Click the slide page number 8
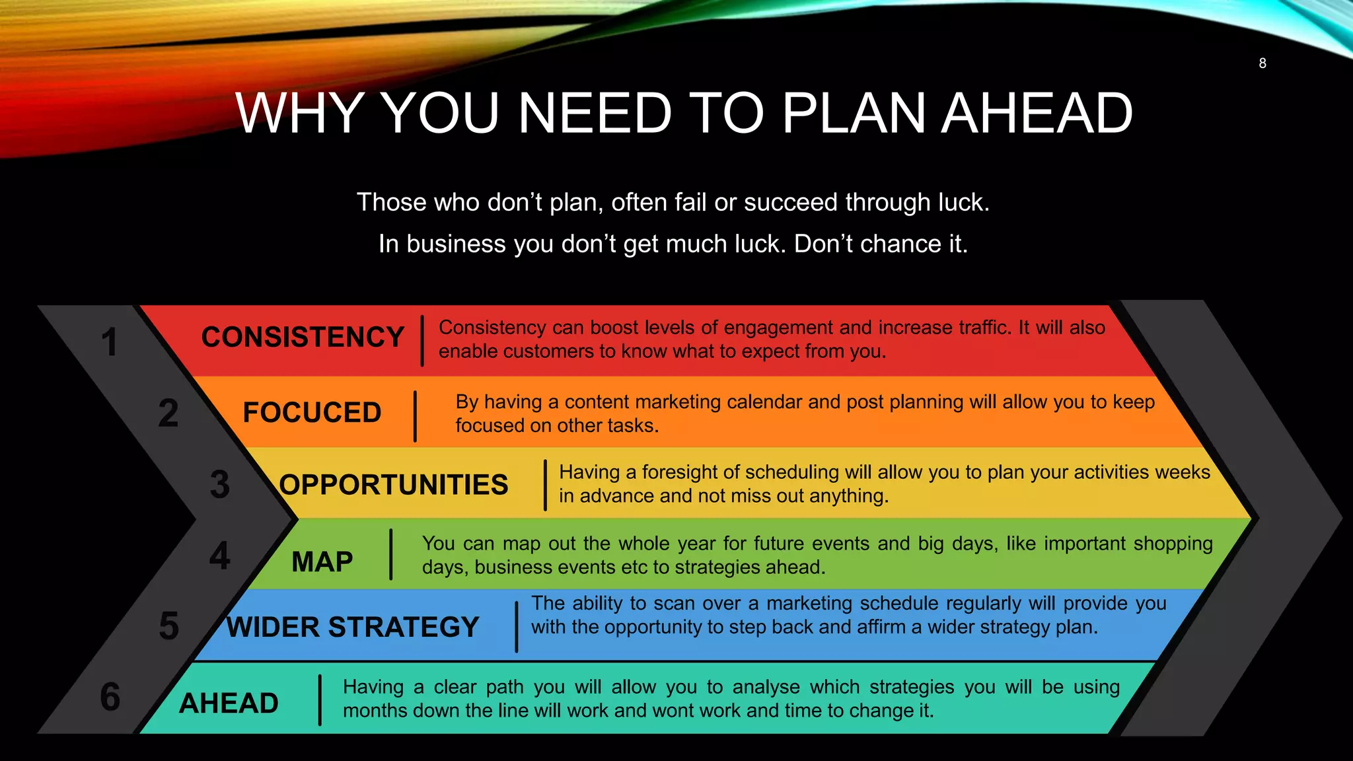(x=1262, y=63)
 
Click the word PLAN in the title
(x=853, y=113)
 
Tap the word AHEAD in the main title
(x=1037, y=113)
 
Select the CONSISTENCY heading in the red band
(x=303, y=338)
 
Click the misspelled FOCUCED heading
(x=312, y=413)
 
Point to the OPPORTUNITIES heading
(x=394, y=485)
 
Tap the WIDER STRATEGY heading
(x=352, y=627)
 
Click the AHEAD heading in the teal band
(x=229, y=703)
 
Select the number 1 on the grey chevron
(x=110, y=342)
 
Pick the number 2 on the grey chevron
(x=168, y=414)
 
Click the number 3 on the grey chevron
(x=219, y=484)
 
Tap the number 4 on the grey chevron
(x=219, y=556)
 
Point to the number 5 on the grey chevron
(x=168, y=626)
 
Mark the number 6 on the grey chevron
(x=110, y=697)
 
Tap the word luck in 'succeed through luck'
(x=962, y=202)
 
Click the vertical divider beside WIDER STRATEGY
(x=517, y=626)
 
